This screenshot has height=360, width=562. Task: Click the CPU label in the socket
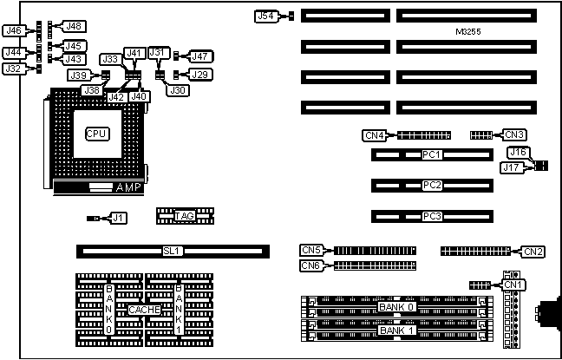click(x=96, y=134)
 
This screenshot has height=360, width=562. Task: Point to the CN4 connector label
click(x=374, y=134)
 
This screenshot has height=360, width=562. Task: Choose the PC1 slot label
click(x=432, y=155)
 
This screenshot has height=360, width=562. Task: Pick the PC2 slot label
click(x=432, y=186)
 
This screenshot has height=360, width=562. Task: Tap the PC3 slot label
click(x=432, y=216)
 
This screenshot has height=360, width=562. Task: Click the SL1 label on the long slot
click(x=173, y=251)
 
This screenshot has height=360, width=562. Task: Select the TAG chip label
click(x=184, y=216)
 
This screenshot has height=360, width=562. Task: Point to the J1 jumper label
click(x=119, y=218)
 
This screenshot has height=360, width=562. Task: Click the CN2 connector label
click(x=533, y=252)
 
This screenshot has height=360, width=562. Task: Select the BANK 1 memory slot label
click(x=397, y=331)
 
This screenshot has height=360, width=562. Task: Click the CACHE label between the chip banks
click(x=143, y=310)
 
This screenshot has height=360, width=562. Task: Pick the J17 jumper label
click(x=511, y=168)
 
